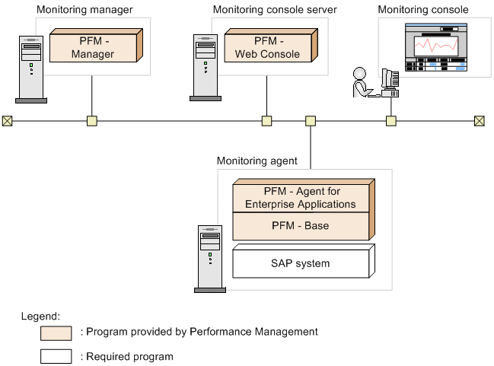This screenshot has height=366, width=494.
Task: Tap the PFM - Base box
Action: coord(301,226)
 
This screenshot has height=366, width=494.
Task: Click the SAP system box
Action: coord(301,263)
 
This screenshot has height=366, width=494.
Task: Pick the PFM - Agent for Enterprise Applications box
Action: coord(301,198)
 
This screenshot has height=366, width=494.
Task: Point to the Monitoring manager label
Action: coord(84,9)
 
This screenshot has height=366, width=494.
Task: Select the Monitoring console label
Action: coord(423,9)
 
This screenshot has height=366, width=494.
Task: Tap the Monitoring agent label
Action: coord(257,161)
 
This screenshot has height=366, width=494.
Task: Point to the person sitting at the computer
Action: coord(360,83)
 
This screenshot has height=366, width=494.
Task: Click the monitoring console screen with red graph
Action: coord(436,46)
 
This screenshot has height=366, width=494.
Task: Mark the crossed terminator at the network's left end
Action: coord(7,120)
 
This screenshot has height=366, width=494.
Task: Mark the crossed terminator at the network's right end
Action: coord(479,120)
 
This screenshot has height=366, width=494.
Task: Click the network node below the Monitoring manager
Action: coord(92,120)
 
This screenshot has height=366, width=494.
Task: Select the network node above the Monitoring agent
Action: coord(310,120)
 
